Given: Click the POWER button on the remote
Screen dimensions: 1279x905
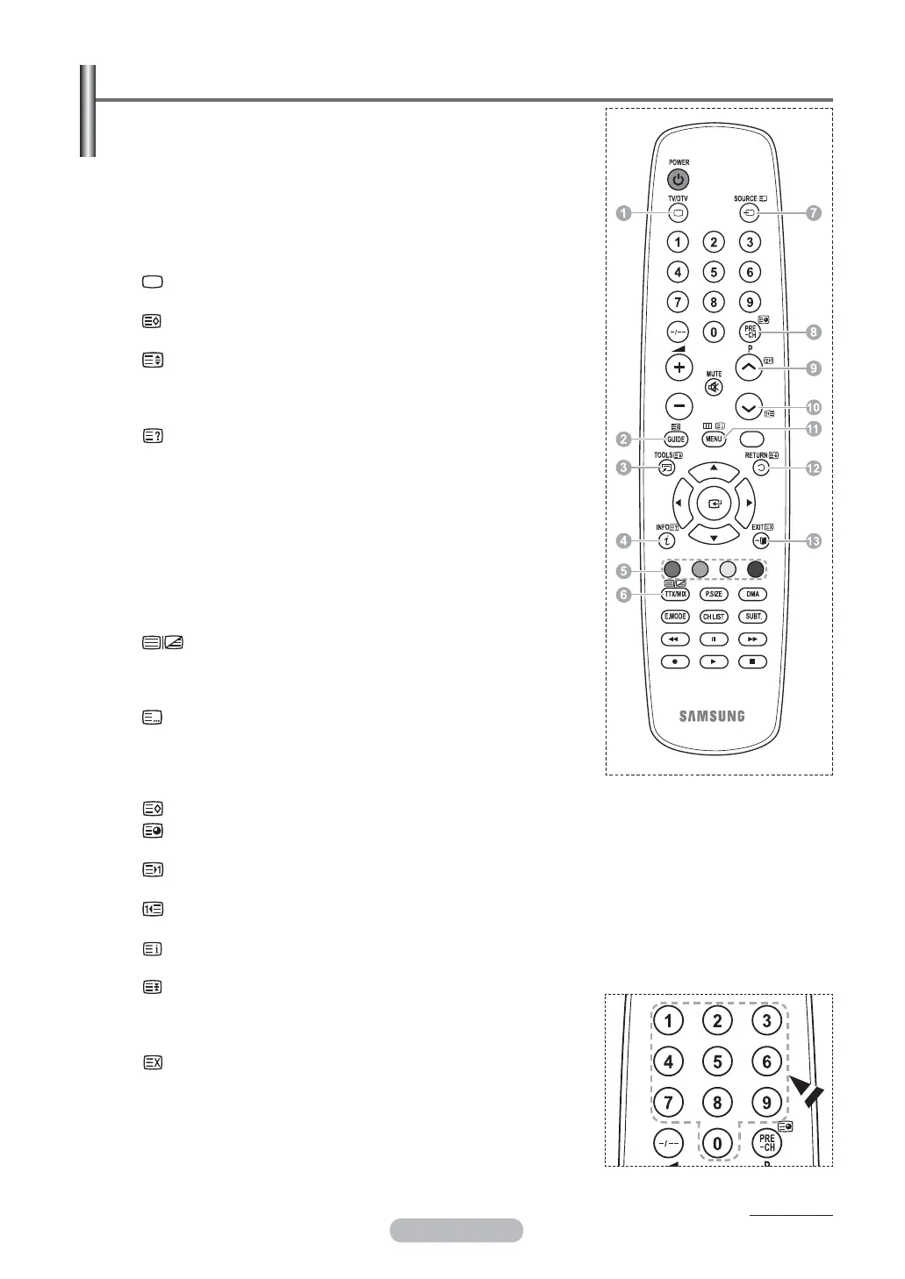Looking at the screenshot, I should (x=678, y=180).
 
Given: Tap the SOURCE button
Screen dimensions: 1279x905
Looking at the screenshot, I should (x=749, y=213).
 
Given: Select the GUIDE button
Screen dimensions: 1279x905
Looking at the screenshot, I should (x=676, y=439).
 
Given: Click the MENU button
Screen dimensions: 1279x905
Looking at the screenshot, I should (x=714, y=439).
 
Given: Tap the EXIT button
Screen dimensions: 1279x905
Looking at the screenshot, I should (x=761, y=541).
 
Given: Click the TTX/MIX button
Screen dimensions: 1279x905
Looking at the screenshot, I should (x=675, y=595).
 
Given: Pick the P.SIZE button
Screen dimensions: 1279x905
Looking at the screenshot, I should (x=714, y=595).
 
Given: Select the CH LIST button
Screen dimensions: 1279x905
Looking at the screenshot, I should (x=714, y=617).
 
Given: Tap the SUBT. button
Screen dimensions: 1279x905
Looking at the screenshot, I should (x=752, y=617).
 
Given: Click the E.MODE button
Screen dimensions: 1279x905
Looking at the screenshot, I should (x=675, y=617).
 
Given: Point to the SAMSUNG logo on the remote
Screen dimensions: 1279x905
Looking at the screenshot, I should (x=712, y=716).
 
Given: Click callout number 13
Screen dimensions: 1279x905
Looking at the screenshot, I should (x=814, y=541).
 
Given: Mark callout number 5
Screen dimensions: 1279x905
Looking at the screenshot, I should (x=623, y=571).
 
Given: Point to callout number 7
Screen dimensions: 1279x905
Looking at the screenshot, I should (x=814, y=213).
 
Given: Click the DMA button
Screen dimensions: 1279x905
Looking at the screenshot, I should (x=752, y=595).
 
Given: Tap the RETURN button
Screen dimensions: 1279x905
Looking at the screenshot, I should (x=761, y=468).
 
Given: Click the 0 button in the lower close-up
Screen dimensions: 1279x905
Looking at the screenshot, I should (x=717, y=1143).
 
